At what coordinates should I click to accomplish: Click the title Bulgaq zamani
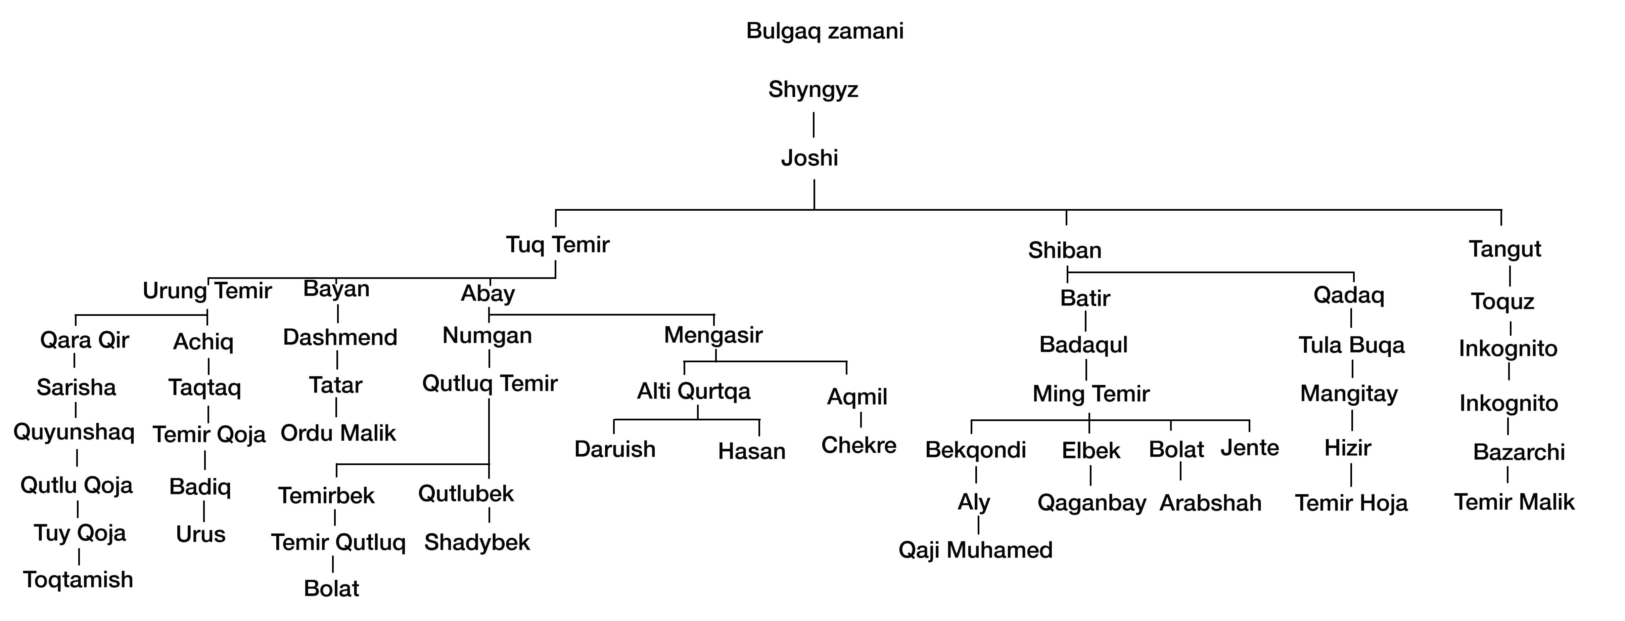(x=825, y=31)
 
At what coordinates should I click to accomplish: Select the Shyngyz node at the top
(x=813, y=90)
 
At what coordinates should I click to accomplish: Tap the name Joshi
(x=809, y=158)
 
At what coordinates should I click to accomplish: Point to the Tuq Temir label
(x=558, y=244)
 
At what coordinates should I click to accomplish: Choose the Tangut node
(x=1504, y=249)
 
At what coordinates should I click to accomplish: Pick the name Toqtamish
(x=78, y=579)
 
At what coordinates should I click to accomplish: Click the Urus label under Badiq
(x=200, y=534)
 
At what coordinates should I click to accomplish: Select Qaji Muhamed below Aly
(x=975, y=550)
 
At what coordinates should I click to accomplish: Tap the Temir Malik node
(x=1514, y=502)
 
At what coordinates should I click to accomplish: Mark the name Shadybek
(x=477, y=542)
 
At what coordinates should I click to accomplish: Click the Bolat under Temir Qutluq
(x=331, y=588)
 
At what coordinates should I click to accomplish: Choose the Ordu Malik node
(x=338, y=433)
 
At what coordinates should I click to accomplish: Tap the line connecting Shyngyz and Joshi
(x=814, y=124)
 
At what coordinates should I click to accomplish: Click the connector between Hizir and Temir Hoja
(x=1351, y=474)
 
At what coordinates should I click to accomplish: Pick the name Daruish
(x=614, y=449)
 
